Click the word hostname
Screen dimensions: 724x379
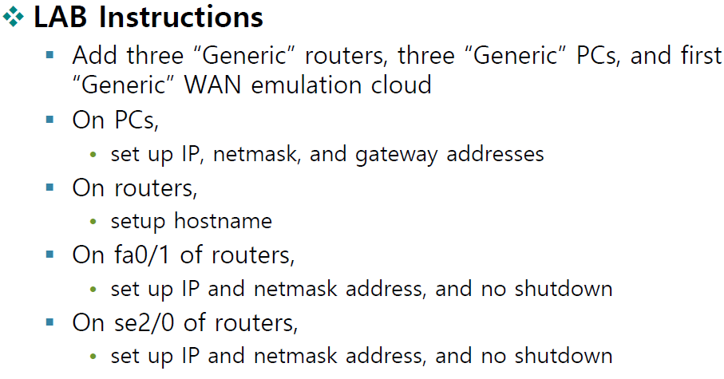pos(224,221)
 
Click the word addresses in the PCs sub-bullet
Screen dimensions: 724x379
pos(495,153)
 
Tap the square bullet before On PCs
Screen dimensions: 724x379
pos(51,120)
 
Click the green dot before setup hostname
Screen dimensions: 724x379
pos(95,222)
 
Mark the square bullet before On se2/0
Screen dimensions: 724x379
pos(51,323)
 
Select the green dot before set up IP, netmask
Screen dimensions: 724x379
pos(95,154)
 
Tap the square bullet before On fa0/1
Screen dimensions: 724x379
pos(51,255)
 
